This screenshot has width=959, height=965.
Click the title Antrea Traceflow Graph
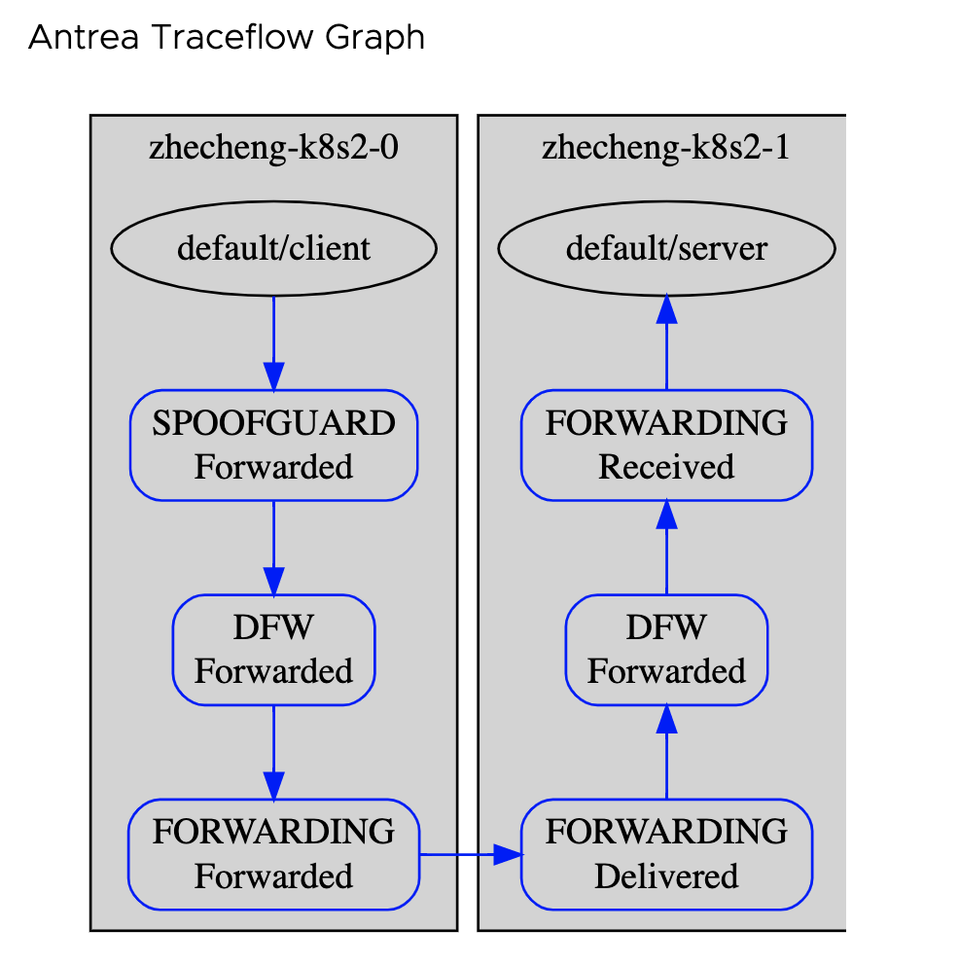227,38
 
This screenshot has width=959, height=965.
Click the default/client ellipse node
273,249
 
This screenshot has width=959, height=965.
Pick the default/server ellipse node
666,249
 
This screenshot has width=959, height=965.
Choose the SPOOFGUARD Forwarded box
273,446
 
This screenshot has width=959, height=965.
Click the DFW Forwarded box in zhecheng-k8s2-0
273,650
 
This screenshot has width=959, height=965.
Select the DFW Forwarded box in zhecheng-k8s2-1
666,650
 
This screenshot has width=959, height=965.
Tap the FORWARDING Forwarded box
273,854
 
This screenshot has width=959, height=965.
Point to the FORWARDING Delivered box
666,854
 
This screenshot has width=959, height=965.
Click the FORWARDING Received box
666,446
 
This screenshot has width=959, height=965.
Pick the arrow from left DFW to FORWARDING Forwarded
273,752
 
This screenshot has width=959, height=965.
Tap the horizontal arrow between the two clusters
471,855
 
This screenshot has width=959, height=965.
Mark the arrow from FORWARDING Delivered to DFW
666,752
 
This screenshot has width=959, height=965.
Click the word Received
666,467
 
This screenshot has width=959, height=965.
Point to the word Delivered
666,876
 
